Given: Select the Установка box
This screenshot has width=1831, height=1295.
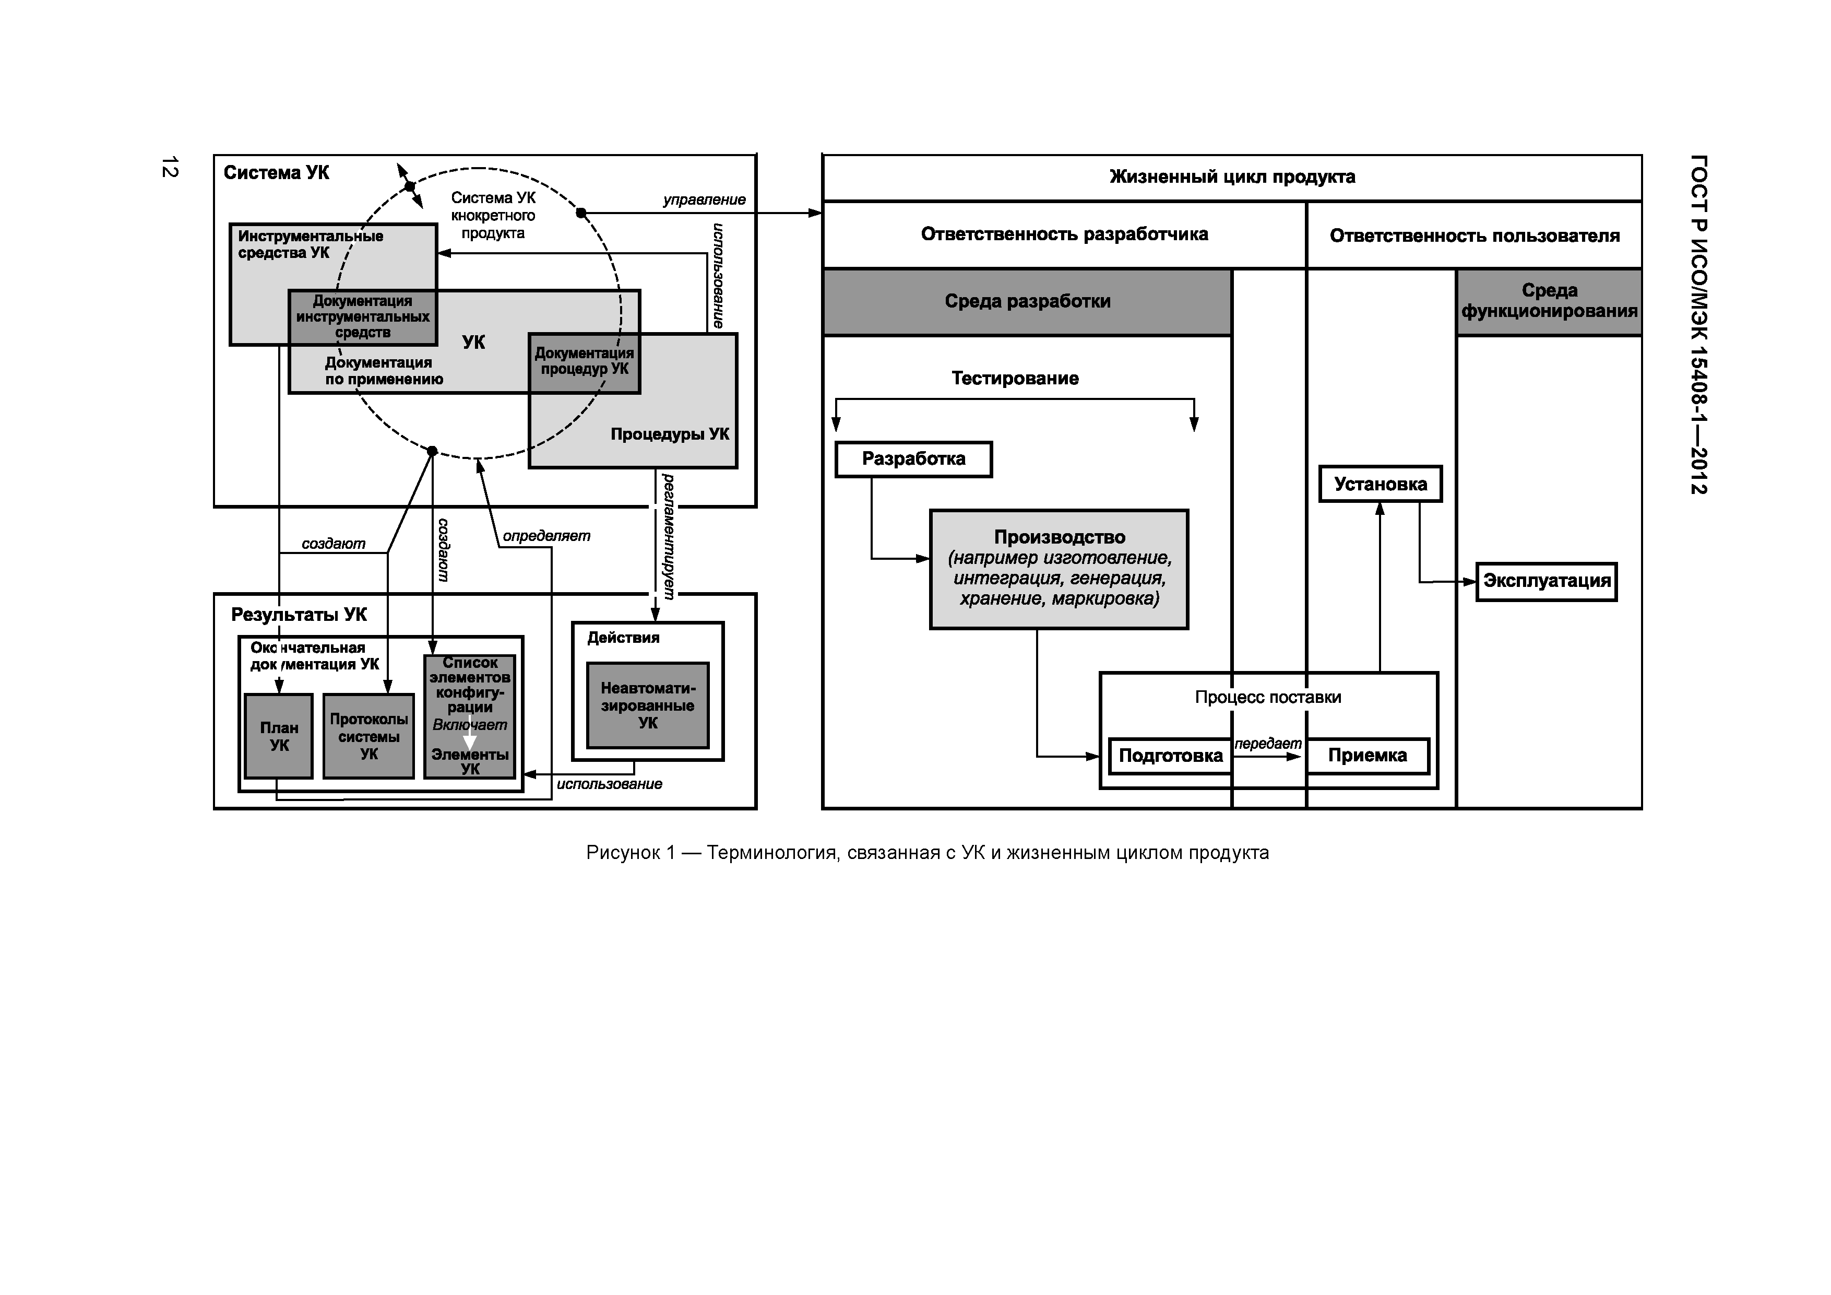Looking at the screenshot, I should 1381,484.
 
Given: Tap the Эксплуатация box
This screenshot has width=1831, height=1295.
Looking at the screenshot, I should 1547,581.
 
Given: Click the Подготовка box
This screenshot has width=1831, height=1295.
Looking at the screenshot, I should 1170,756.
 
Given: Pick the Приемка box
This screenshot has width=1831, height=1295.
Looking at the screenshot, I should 1367,756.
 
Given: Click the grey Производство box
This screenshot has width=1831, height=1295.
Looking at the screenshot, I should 1059,569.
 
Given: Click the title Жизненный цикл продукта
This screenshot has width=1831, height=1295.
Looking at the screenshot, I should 1232,177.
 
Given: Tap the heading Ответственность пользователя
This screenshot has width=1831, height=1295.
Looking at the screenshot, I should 1474,236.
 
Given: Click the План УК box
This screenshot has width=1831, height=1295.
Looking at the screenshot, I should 278,736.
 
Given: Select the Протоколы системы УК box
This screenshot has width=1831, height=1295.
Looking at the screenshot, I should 368,736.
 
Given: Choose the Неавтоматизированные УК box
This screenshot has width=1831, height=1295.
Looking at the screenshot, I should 648,705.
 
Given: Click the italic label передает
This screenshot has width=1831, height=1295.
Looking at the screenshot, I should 1267,744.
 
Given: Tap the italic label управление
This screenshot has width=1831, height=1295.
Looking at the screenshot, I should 704,199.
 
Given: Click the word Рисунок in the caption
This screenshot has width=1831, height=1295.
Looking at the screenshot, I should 623,853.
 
